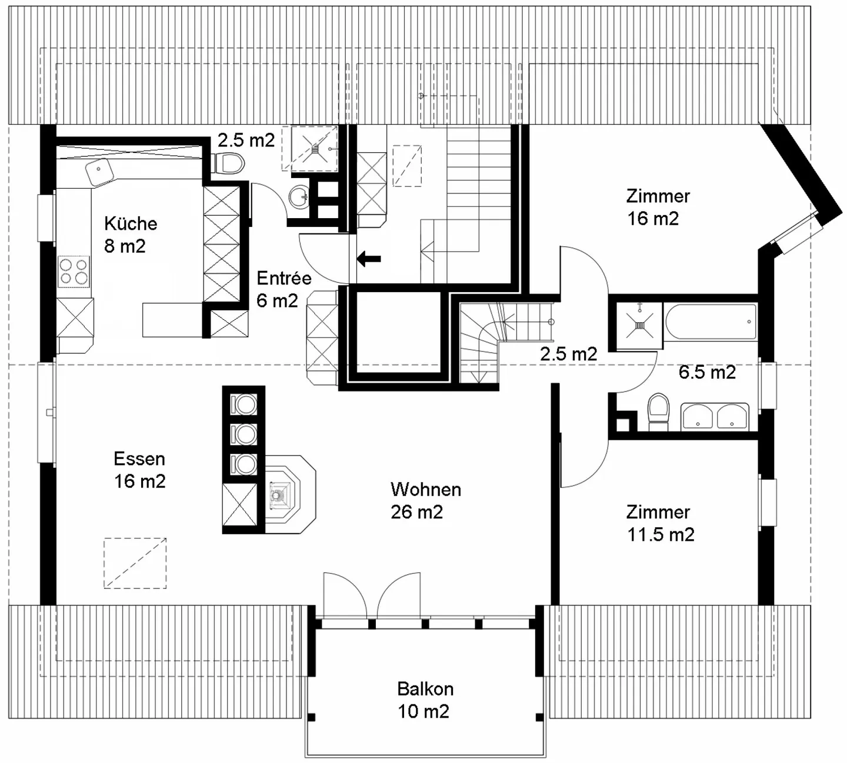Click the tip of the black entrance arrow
coord(357,258)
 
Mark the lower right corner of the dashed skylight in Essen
coord(166,588)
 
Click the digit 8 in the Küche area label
coord(109,246)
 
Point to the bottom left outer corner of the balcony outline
coord(305,757)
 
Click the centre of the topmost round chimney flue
coord(245,405)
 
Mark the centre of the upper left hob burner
coord(66,265)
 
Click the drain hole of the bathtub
coord(749,322)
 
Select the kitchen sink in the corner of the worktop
coord(99,172)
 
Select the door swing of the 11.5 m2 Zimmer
coord(584,464)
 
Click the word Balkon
coord(425,689)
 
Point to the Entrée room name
coord(284,278)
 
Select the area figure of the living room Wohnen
coord(417,513)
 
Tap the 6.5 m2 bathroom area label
coord(707,372)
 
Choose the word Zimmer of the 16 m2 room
coord(658,196)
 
